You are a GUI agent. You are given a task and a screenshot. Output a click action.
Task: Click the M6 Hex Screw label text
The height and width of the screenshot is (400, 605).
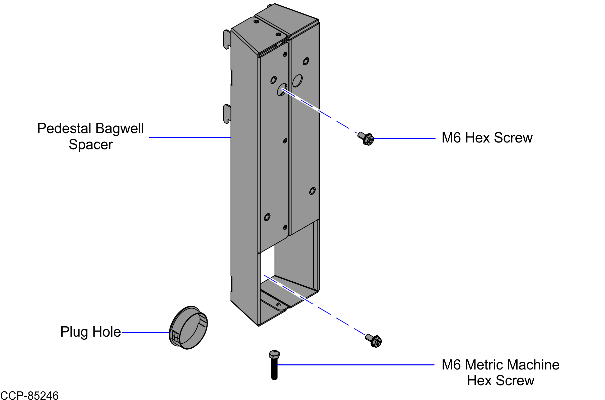tap(486, 138)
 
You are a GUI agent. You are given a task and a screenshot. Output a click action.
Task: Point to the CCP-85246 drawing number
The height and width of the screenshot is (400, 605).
tap(29, 396)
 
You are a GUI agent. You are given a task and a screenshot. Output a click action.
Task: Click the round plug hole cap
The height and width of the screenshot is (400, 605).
tap(188, 328)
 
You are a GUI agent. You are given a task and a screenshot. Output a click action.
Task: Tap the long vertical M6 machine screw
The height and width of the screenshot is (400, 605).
tap(274, 365)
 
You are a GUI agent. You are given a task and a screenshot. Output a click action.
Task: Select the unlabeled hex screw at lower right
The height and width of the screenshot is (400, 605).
tap(374, 340)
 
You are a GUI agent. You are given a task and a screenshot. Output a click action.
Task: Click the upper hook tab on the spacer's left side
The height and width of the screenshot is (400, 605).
tap(227, 39)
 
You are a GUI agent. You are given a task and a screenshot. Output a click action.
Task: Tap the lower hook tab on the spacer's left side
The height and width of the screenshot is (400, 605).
tap(227, 114)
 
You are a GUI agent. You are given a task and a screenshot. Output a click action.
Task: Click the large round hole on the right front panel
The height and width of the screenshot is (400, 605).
tap(297, 80)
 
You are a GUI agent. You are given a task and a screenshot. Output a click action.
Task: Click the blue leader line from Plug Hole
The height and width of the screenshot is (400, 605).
tap(146, 333)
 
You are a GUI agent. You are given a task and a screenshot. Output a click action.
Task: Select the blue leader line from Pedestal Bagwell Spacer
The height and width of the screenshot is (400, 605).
tap(189, 137)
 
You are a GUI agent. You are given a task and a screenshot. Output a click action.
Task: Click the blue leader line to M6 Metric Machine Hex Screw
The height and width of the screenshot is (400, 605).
tap(355, 364)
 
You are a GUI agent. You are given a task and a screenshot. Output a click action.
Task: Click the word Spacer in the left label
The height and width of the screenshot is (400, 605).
tap(90, 145)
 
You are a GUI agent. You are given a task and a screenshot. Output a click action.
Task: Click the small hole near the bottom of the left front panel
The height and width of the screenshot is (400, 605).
tap(267, 217)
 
